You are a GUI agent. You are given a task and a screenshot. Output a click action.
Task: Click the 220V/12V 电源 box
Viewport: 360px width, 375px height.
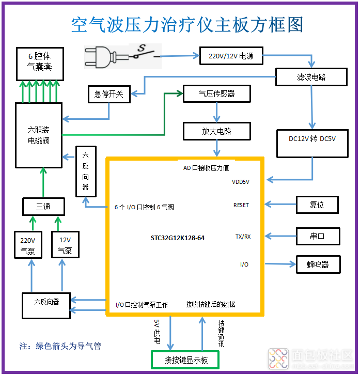231,55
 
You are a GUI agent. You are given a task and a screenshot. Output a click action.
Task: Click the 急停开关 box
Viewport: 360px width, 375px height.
109,94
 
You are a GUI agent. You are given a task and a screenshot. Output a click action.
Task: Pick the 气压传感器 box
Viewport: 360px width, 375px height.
217,93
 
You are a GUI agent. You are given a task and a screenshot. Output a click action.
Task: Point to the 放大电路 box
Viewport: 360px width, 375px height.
217,131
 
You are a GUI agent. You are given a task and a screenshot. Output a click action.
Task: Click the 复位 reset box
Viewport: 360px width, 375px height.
317,205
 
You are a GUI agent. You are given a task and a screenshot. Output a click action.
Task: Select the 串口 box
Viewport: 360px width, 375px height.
317,236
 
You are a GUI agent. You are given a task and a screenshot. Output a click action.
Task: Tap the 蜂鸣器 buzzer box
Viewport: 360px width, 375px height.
318,264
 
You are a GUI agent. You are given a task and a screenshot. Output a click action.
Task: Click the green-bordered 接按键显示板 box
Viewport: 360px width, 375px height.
185,360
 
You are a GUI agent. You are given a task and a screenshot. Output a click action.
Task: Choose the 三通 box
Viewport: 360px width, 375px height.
43,207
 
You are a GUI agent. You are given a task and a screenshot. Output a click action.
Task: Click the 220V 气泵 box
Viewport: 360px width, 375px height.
28,245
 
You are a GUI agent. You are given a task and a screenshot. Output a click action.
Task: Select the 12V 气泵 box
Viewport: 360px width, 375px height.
65,245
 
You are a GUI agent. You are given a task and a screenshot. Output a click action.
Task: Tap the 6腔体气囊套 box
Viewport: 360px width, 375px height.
40,62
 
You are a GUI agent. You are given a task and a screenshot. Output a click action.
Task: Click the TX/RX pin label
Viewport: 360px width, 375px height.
243,237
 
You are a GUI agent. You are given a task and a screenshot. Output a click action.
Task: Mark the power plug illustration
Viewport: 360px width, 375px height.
103,56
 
